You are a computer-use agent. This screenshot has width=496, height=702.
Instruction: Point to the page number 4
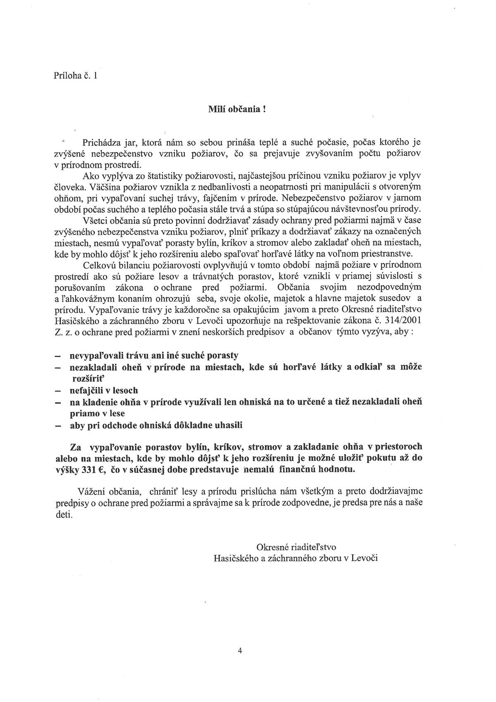240,650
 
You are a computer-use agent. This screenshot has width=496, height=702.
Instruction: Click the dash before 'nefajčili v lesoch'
59,391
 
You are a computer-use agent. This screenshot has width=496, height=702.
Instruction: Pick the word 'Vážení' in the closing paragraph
91,491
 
